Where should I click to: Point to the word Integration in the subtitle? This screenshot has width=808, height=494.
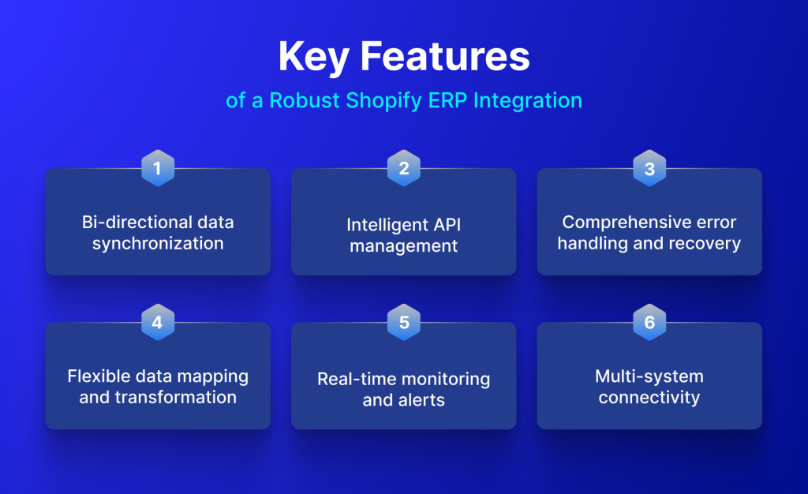coord(528,101)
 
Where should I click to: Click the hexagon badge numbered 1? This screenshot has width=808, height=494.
coord(158,168)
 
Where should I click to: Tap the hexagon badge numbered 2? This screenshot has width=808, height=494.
coord(404,168)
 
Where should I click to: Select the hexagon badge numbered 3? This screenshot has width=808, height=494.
coord(649,168)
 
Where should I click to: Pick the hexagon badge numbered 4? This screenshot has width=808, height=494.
coord(158,322)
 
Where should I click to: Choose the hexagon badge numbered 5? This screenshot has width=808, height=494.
coord(404,322)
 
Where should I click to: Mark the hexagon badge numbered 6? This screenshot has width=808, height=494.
coord(649,322)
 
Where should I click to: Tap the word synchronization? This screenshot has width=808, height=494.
coord(158,243)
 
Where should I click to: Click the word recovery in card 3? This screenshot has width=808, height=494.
coord(706,243)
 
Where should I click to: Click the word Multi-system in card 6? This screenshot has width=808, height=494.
coord(649,376)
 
